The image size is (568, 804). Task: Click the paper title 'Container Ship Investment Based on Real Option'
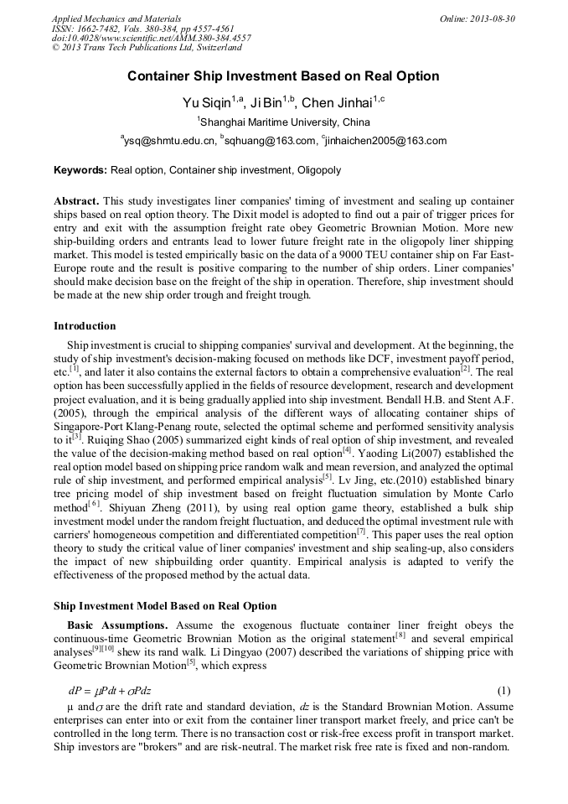coord(283,76)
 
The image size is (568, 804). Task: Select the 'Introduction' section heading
coord(85,326)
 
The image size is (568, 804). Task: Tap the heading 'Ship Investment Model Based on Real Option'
coord(165,605)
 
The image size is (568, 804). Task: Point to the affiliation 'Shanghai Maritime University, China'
coord(283,122)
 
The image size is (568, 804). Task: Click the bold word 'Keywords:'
coord(80,170)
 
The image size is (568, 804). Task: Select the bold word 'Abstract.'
coord(76,202)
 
